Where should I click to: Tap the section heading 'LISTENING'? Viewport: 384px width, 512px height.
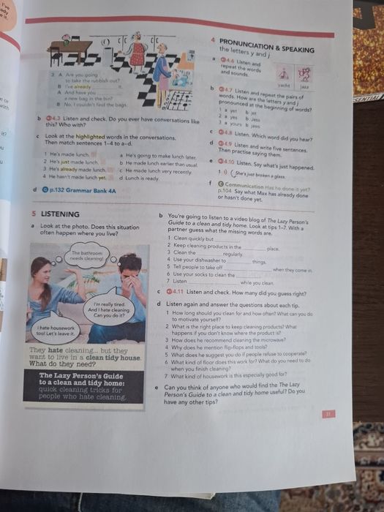(60, 214)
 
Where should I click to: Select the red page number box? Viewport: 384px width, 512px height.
(327, 414)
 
